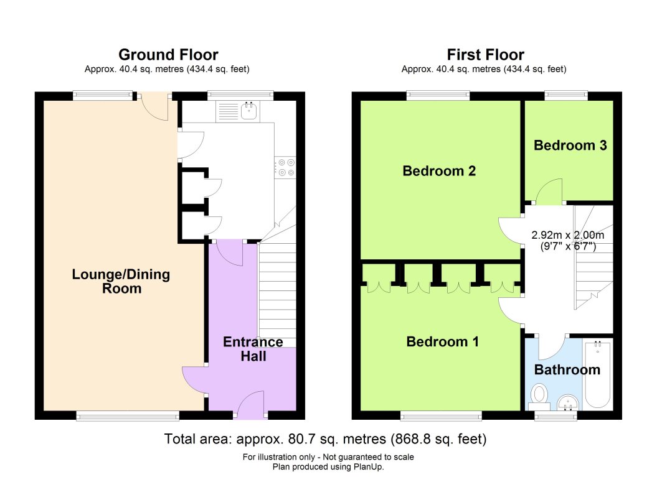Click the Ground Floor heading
coord(168,55)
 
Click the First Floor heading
coord(485,55)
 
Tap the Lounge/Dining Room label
coord(121,281)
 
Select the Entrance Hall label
coord(253,349)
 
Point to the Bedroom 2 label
coord(439,171)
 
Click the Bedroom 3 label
coord(570,145)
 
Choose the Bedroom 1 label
coord(443,341)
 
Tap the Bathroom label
coord(567,369)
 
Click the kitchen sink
coord(249,111)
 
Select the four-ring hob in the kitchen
coord(286,167)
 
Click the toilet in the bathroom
coord(539,398)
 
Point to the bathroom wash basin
coord(568,402)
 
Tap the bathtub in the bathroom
coord(598,374)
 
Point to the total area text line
coord(325,439)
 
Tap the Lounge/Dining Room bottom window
coord(128,415)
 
